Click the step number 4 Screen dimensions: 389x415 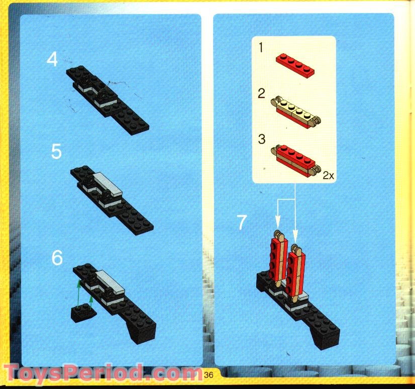(52, 60)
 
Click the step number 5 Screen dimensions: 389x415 (56, 151)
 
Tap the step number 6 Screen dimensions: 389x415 (57, 258)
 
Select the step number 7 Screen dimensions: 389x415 (242, 222)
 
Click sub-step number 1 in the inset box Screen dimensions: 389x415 (261, 48)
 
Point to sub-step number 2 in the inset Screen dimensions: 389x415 (261, 93)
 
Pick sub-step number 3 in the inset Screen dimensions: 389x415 (261, 139)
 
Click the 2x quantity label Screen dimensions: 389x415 (329, 176)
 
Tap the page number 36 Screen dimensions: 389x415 (210, 374)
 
